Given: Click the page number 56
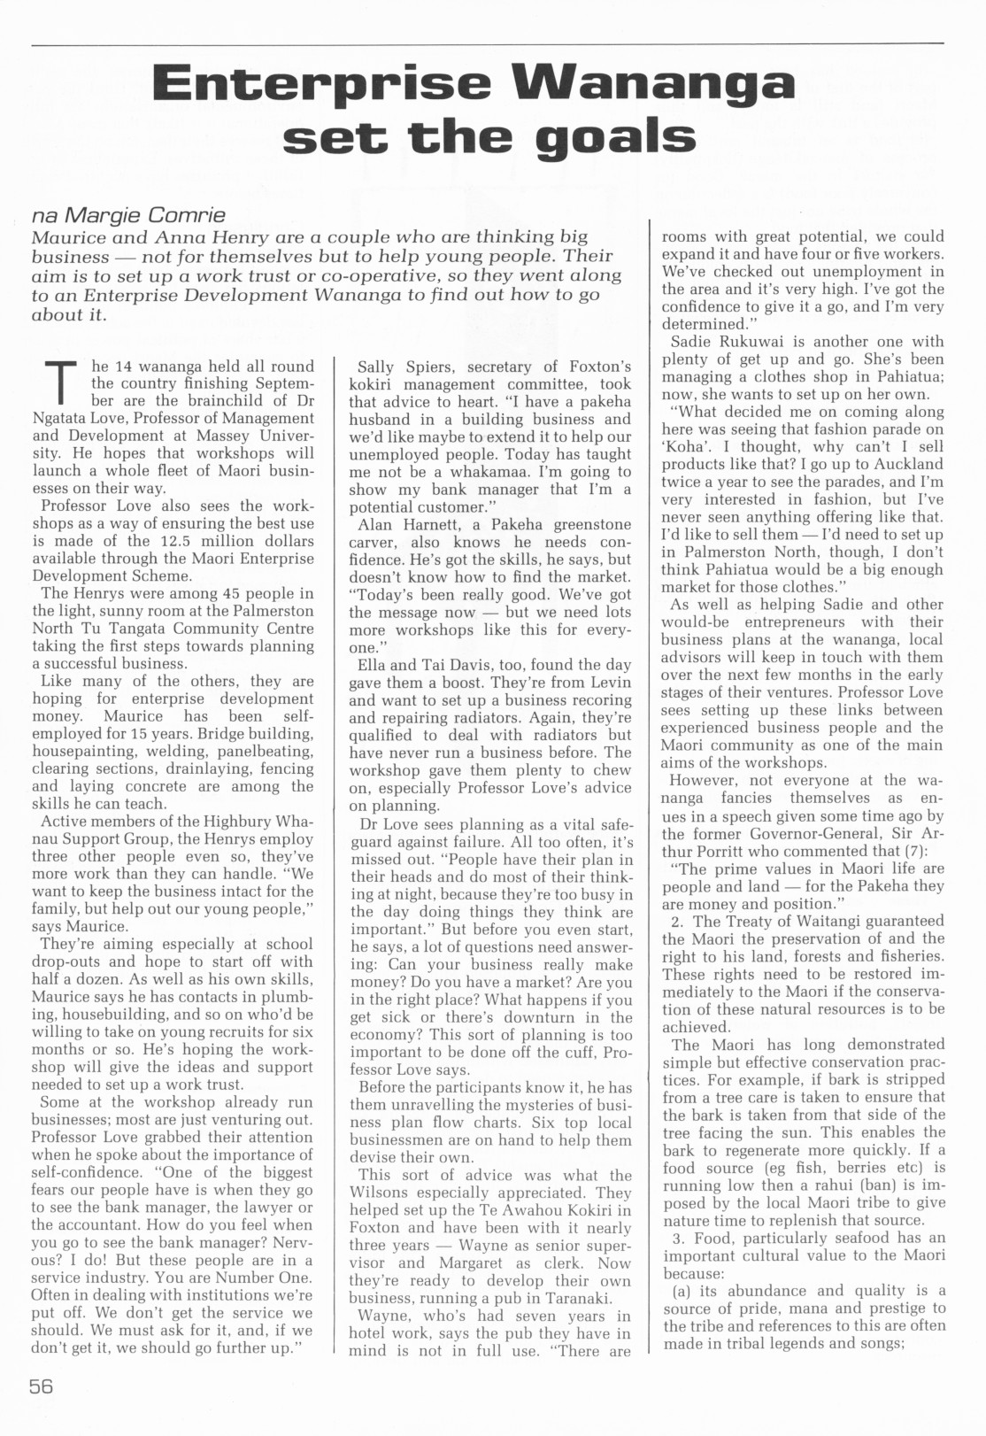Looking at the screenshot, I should point(42,1386).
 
